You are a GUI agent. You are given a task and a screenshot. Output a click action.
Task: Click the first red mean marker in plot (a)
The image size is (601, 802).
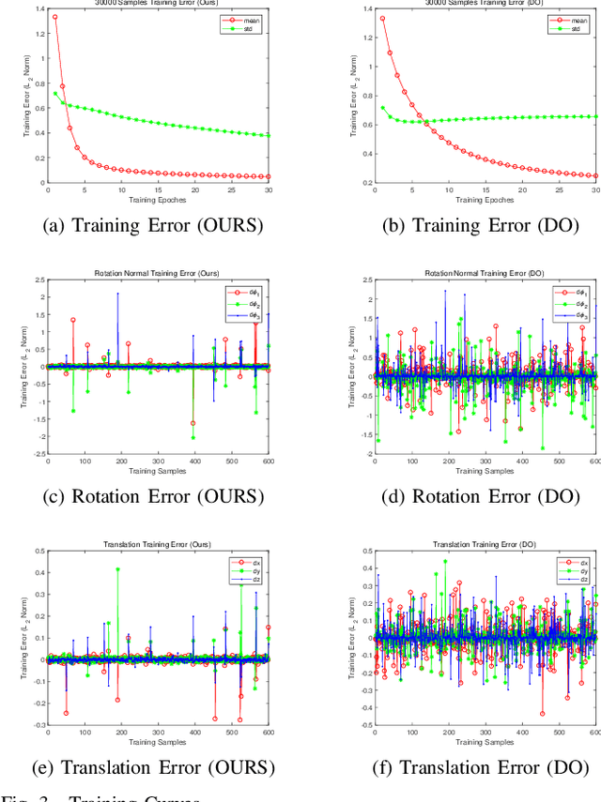[54, 17]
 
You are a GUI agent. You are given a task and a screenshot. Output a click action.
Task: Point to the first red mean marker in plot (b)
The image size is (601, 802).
[381, 18]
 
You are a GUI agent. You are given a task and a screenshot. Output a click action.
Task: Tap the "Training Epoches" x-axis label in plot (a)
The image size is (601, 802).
[158, 200]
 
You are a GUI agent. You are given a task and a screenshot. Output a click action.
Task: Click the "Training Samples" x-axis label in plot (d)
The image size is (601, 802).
[485, 470]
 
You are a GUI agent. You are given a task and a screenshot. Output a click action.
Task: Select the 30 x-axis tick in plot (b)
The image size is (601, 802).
[595, 190]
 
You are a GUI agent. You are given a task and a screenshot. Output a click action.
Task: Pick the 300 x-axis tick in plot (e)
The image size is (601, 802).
[158, 732]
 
